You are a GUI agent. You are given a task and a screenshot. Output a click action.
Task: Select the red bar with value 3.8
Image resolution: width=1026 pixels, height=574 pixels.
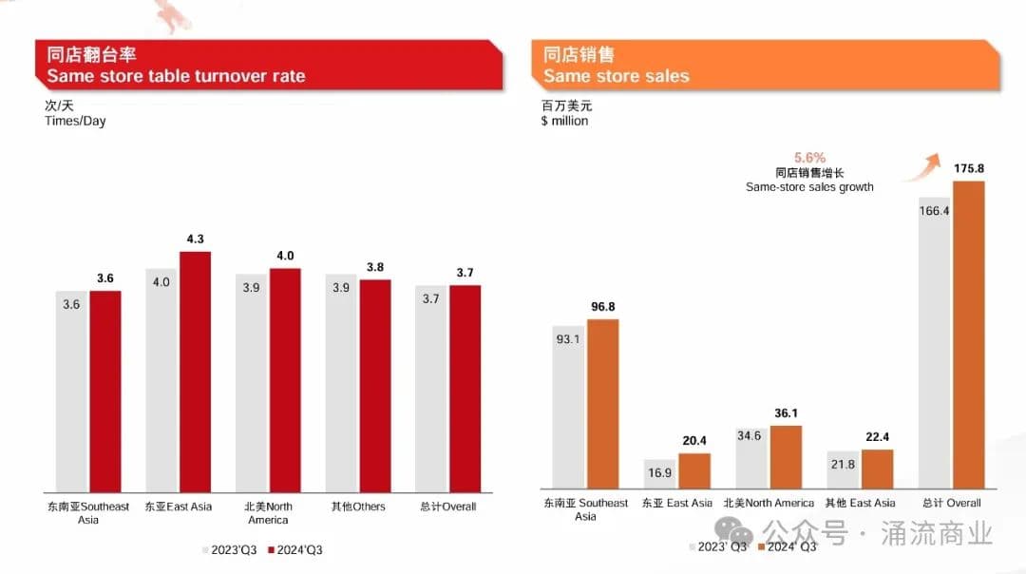coord(375,385)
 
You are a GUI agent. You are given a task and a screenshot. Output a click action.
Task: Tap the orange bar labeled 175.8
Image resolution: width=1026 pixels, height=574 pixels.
coord(968,335)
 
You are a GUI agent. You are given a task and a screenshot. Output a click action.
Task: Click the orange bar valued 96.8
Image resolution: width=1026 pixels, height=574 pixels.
coord(602,404)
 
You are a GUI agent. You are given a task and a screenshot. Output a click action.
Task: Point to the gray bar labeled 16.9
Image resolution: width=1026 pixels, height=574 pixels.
coord(659,474)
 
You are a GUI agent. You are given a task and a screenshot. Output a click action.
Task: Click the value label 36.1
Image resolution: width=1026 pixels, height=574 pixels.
coord(786,413)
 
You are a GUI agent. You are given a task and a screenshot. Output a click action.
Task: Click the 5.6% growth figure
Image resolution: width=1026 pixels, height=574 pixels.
coord(809,157)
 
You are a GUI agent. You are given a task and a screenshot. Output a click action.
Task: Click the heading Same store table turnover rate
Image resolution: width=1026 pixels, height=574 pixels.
coord(177,75)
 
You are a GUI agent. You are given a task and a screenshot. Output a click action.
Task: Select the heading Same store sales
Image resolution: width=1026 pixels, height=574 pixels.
coord(617,75)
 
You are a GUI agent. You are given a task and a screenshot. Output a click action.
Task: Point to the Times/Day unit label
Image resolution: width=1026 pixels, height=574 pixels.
coord(75,122)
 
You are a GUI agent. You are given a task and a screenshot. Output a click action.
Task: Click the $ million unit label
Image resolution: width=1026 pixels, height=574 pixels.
coord(564,122)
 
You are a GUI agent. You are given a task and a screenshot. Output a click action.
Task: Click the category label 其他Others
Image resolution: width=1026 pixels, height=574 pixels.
coord(358,507)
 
